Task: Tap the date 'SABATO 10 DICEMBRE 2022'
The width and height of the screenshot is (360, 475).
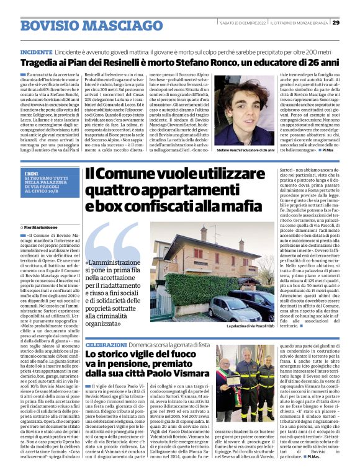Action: click(x=242, y=24)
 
